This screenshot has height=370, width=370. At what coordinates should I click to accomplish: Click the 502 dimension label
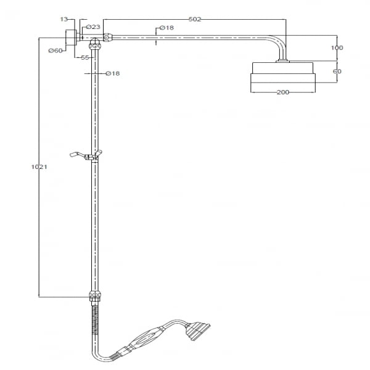click(195, 19)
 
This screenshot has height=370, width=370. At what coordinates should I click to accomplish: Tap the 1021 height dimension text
click(39, 167)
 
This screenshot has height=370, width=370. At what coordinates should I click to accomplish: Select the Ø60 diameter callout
click(55, 51)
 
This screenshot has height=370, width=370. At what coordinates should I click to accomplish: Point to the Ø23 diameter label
click(93, 27)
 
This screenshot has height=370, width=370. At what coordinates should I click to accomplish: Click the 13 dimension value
click(64, 19)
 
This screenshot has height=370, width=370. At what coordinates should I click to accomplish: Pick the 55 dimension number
click(85, 57)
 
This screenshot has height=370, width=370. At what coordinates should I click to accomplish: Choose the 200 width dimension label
click(282, 92)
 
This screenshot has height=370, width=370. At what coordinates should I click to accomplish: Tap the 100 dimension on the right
click(337, 47)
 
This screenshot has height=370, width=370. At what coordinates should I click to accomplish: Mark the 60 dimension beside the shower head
click(337, 71)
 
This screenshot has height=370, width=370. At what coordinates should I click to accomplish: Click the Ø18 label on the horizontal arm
click(166, 28)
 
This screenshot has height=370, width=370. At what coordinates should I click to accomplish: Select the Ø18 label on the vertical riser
click(113, 73)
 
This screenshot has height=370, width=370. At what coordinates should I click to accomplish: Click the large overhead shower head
click(282, 76)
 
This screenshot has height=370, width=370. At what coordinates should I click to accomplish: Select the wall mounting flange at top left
click(71, 37)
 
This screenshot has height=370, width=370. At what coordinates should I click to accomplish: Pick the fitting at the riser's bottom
click(95, 298)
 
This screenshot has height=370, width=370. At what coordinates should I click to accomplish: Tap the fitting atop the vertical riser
click(95, 44)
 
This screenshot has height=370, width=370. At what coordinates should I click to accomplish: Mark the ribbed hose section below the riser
click(95, 320)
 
